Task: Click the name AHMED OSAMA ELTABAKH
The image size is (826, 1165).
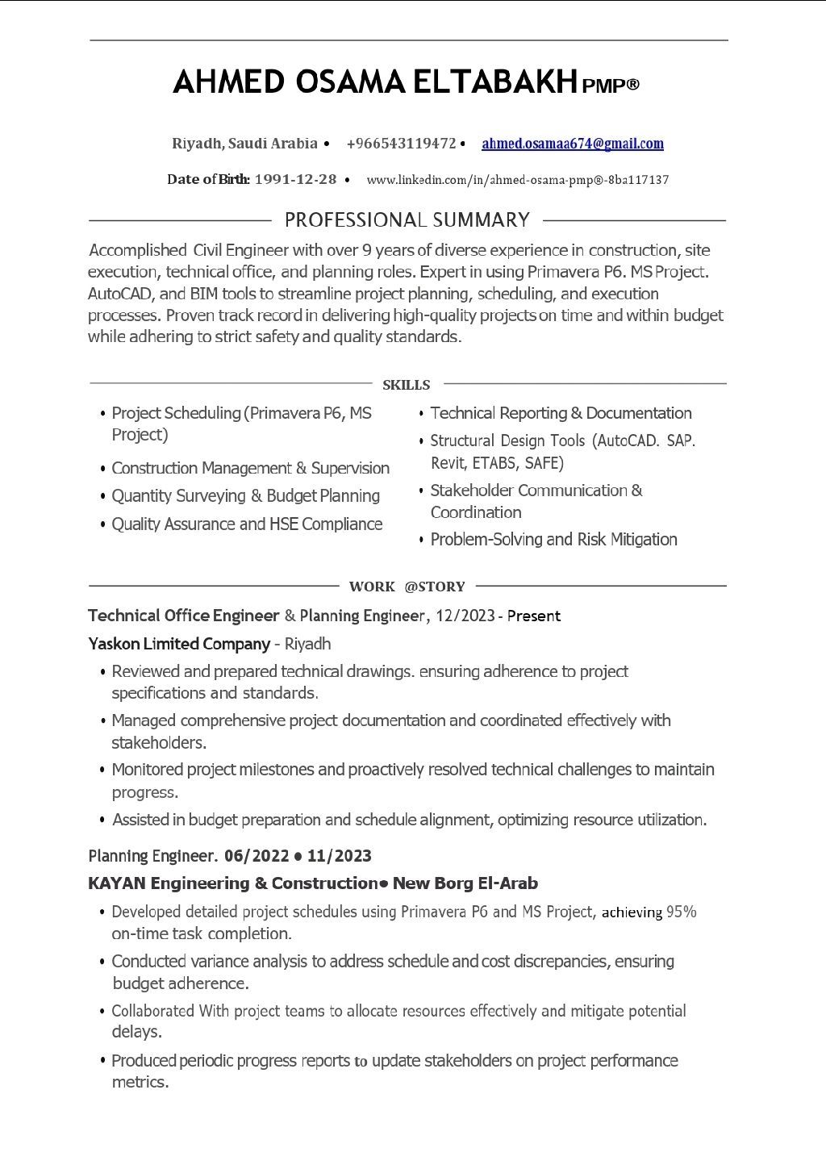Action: click(376, 81)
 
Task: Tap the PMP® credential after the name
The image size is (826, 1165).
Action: click(611, 85)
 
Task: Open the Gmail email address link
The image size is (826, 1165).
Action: click(572, 144)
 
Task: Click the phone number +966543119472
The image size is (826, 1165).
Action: click(401, 144)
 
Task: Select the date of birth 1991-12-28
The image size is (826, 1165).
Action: click(295, 179)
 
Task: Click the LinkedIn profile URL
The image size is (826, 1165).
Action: click(517, 180)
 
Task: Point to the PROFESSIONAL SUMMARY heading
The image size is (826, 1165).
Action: click(407, 219)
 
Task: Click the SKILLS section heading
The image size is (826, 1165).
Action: click(406, 385)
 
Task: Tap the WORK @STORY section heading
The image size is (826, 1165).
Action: click(407, 587)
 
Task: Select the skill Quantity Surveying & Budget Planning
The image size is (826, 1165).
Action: click(245, 495)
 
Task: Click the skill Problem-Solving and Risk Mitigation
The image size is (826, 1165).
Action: click(553, 539)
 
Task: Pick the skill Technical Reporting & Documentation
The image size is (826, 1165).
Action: click(561, 413)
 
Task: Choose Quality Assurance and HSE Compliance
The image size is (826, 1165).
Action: click(247, 524)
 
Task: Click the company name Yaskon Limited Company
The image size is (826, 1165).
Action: click(178, 644)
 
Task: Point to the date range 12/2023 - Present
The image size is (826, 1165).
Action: click(498, 616)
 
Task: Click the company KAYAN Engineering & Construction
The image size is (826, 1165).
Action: click(232, 883)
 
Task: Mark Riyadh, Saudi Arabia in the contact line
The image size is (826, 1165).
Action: click(244, 144)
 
